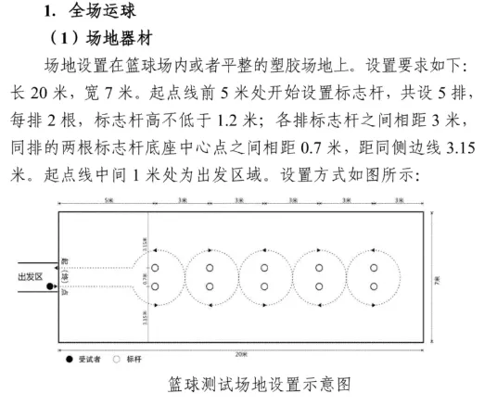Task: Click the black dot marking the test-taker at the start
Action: [x=50, y=286]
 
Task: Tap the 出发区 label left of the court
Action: [x=31, y=276]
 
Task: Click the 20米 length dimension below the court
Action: [x=240, y=354]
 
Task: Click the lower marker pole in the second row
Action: [x=210, y=285]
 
